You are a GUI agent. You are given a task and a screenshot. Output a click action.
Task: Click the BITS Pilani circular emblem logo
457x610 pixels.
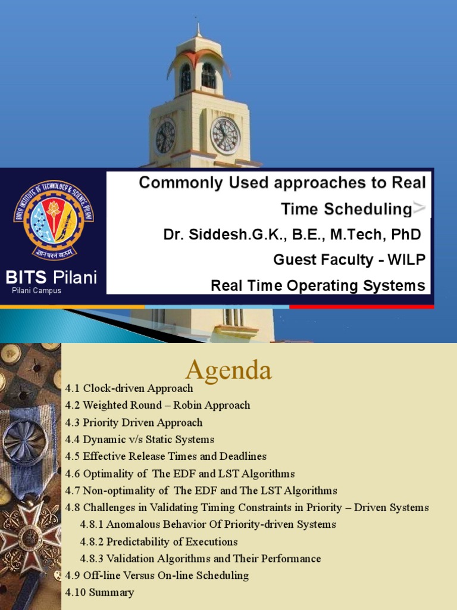pyautogui.click(x=54, y=220)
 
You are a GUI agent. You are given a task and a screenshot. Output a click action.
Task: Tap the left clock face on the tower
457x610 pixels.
pyautogui.click(x=165, y=137)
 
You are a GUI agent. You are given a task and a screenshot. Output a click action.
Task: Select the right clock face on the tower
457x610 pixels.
pyautogui.click(x=225, y=135)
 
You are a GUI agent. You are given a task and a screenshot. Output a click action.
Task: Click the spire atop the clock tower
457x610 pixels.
pyautogui.click(x=199, y=30)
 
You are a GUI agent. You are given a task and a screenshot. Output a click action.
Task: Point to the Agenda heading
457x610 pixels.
pyautogui.click(x=228, y=370)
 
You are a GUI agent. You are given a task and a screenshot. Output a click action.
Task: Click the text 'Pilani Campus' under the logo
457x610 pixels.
pyautogui.click(x=36, y=291)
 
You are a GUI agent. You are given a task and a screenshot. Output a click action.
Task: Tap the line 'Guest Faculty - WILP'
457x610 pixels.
pyautogui.click(x=349, y=260)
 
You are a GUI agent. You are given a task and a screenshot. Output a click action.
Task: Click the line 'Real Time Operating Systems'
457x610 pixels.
pyautogui.click(x=318, y=285)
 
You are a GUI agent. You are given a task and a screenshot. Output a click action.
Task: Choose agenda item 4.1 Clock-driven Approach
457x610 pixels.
pyautogui.click(x=129, y=388)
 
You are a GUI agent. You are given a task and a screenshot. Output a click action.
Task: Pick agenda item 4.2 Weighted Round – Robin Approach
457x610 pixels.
pyautogui.click(x=158, y=405)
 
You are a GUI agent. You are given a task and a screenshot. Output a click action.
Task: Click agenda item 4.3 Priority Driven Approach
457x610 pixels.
pyautogui.click(x=134, y=422)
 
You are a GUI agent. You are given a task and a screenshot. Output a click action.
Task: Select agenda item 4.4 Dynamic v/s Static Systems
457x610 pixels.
pyautogui.click(x=140, y=440)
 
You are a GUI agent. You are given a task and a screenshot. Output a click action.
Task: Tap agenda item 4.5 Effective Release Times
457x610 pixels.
pyautogui.click(x=166, y=456)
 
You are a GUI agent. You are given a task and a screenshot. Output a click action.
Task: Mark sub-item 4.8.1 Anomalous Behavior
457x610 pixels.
pyautogui.click(x=208, y=524)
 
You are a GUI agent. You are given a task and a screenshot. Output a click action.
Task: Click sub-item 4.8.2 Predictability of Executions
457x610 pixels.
pyautogui.click(x=159, y=541)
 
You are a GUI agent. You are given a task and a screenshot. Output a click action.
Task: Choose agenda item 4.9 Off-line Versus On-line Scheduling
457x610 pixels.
pyautogui.click(x=157, y=575)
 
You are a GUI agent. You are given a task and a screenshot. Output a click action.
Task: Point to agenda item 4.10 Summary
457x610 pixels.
pyautogui.click(x=100, y=592)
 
